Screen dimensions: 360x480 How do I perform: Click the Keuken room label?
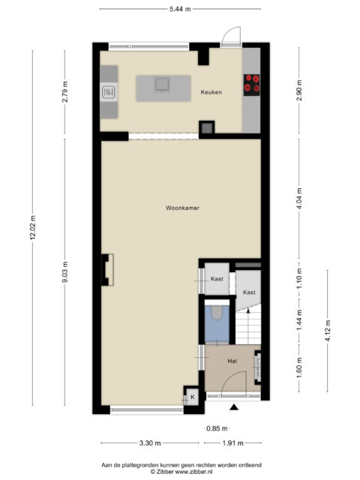[211, 91]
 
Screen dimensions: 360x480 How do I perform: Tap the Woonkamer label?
[182, 208]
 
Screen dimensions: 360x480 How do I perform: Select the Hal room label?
[232, 361]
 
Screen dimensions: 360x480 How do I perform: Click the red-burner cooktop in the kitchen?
[252, 85]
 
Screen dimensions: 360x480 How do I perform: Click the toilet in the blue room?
[217, 313]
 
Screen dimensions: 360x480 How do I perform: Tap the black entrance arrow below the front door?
[234, 406]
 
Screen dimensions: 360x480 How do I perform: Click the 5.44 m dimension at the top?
[180, 9]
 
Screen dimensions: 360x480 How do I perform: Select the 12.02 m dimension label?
[33, 227]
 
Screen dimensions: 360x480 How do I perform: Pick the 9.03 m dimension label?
[65, 272]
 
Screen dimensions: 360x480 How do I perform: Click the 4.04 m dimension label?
[299, 198]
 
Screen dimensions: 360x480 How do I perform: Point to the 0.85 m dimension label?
[217, 428]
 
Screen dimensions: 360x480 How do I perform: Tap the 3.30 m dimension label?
[150, 443]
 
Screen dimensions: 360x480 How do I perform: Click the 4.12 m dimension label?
[328, 331]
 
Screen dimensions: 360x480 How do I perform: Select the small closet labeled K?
[191, 397]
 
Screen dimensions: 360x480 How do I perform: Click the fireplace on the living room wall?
[108, 270]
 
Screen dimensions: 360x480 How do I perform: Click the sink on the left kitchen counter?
[108, 91]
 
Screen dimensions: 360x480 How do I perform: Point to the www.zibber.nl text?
[193, 472]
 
